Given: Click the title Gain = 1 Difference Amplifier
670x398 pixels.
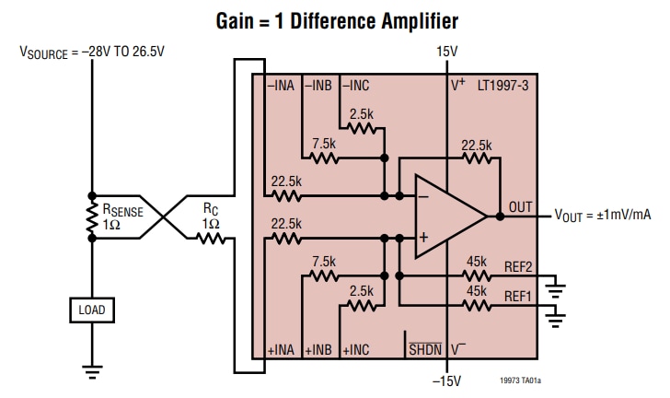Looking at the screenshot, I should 336,19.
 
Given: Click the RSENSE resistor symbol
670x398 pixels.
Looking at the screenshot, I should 91,216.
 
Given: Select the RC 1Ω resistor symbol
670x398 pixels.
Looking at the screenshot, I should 211,238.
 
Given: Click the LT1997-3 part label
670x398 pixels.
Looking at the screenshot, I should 502,86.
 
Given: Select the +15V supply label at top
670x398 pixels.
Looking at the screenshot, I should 446,53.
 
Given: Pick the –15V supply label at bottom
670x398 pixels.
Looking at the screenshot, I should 446,379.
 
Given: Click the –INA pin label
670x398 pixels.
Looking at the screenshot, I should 281,86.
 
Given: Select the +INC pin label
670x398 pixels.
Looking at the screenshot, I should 356,350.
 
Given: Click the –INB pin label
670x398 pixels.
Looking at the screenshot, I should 319,86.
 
